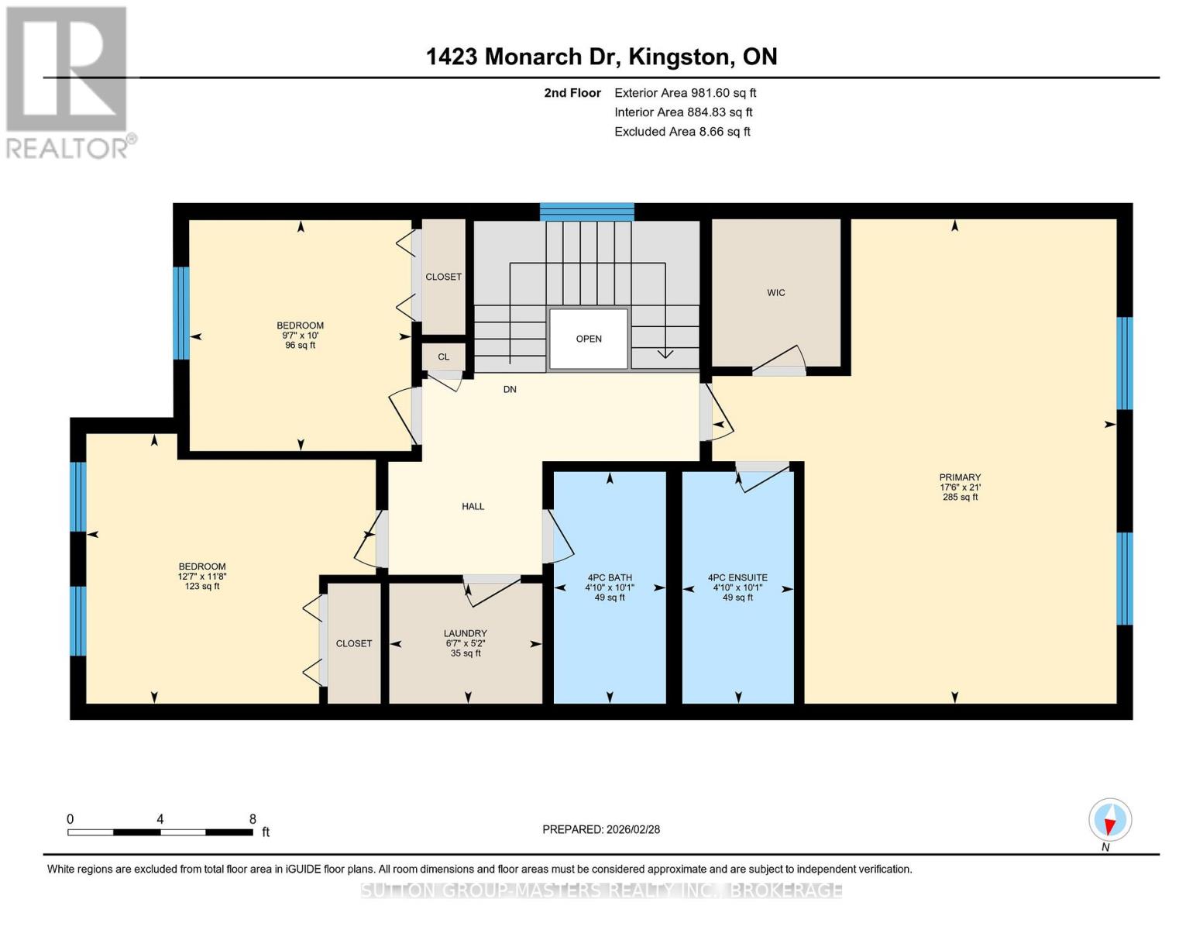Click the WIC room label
pyautogui.click(x=775, y=293)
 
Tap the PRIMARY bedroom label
pyautogui.click(x=960, y=477)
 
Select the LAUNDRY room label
pyautogui.click(x=465, y=633)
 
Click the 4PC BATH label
pyautogui.click(x=610, y=577)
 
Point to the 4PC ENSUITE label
pyautogui.click(x=737, y=577)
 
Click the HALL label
pyautogui.click(x=473, y=506)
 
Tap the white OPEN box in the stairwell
pyautogui.click(x=588, y=339)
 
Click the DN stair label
pyautogui.click(x=509, y=389)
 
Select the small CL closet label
pyautogui.click(x=443, y=357)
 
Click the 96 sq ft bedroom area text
pyautogui.click(x=301, y=346)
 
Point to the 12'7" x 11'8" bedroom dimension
pyautogui.click(x=201, y=577)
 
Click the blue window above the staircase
pyautogui.click(x=586, y=212)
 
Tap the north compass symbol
pyautogui.click(x=1110, y=820)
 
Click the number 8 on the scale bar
pyautogui.click(x=253, y=819)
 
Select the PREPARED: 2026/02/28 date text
pyautogui.click(x=601, y=829)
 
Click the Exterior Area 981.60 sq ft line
pyautogui.click(x=685, y=93)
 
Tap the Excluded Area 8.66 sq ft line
pyautogui.click(x=682, y=132)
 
